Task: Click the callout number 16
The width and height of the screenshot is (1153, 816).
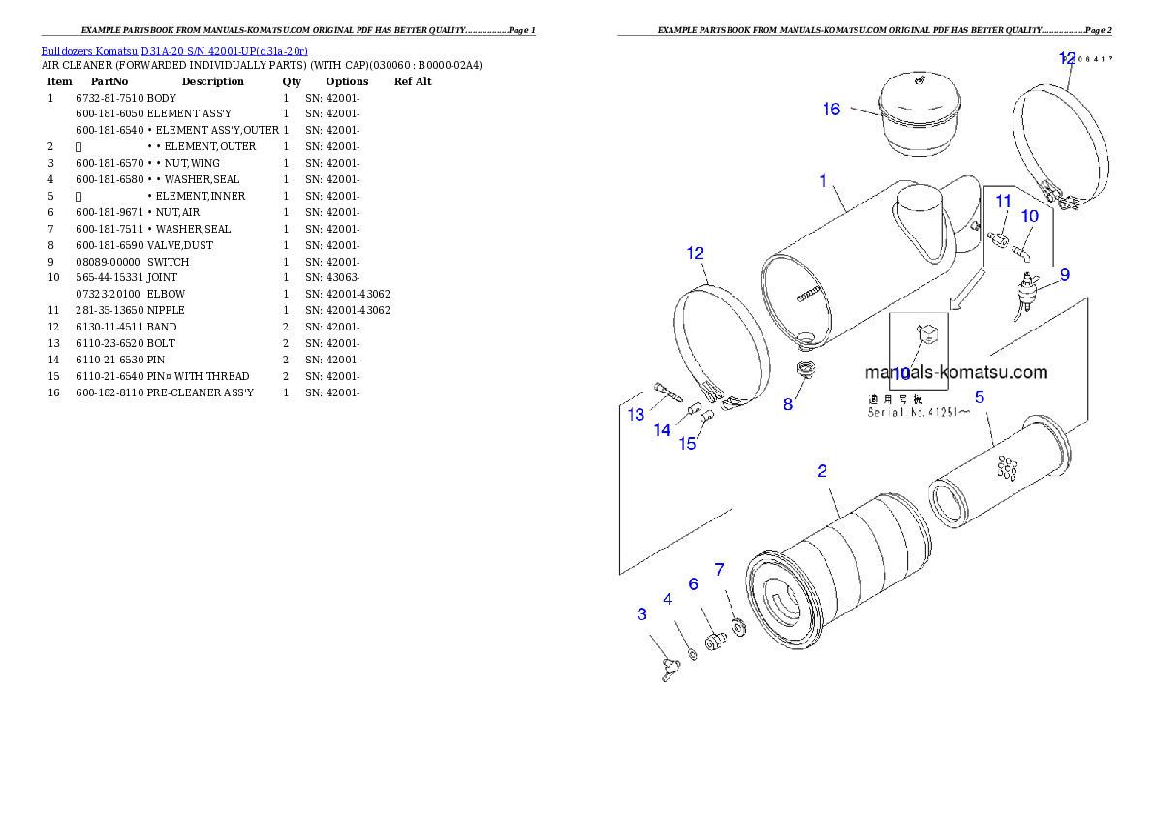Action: coord(831,109)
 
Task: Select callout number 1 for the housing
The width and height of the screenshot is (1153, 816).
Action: coord(823,180)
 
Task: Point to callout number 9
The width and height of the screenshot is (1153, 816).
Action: coord(1064,275)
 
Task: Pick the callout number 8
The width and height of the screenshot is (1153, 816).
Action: coord(788,404)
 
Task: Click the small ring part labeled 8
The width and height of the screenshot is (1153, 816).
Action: coord(803,369)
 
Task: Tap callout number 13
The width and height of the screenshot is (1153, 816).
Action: coord(636,415)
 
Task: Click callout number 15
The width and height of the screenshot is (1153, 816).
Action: coord(687,444)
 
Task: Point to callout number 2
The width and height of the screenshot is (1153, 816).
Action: coord(822,471)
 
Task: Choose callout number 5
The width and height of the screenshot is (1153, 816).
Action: coord(980,396)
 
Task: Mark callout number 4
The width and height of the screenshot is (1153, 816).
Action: coord(668,599)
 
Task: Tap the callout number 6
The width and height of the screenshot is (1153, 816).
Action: coord(693,583)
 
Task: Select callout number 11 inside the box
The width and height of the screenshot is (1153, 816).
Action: coord(1004,201)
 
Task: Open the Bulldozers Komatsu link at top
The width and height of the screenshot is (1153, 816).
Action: coord(174,50)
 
